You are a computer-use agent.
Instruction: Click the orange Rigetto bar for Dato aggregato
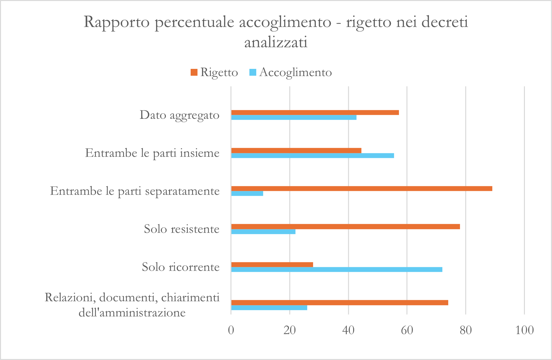click(315, 113)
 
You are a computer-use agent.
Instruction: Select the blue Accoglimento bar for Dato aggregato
click(294, 117)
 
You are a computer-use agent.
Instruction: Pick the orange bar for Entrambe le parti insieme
click(296, 150)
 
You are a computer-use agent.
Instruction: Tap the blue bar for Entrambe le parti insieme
click(312, 155)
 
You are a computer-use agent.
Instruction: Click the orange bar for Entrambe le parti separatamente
click(361, 189)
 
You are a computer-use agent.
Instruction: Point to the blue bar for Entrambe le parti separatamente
click(247, 194)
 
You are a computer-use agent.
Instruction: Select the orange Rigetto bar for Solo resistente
click(345, 227)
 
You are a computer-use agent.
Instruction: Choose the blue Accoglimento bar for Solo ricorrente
click(337, 270)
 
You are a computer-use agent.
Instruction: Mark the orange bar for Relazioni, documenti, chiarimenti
click(339, 303)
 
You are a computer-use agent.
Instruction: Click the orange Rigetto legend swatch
click(194, 72)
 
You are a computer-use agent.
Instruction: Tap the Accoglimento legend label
click(295, 72)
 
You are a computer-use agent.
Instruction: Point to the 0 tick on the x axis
click(231, 330)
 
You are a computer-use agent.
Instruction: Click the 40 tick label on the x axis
click(348, 330)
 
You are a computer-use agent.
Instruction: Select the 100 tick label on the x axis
click(524, 330)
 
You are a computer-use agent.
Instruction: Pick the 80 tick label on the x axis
click(465, 330)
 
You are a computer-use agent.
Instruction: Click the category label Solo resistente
click(181, 229)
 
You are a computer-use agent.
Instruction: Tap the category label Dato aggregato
click(180, 115)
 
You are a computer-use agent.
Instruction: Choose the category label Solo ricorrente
click(181, 267)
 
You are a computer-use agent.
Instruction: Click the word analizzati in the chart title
click(276, 43)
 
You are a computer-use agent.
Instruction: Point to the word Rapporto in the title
click(117, 22)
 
